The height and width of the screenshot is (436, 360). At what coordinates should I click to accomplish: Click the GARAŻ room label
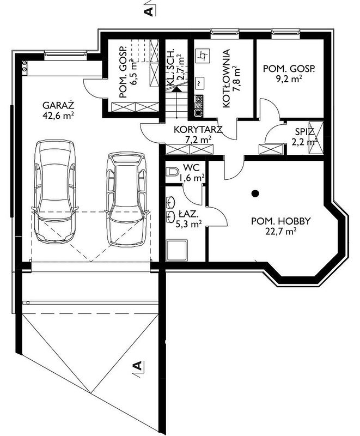(x=58, y=106)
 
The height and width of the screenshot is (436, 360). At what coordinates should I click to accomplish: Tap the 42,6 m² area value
(x=58, y=116)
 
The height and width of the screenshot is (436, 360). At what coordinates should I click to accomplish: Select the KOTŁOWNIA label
(x=227, y=78)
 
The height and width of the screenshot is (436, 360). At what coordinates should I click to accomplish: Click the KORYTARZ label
(x=198, y=130)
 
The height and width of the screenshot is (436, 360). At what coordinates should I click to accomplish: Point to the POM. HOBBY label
(x=281, y=221)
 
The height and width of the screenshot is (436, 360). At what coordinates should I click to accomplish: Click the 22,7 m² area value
(x=280, y=231)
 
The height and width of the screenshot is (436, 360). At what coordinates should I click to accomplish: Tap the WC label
(x=191, y=168)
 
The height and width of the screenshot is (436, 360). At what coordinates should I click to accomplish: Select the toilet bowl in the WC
(x=172, y=172)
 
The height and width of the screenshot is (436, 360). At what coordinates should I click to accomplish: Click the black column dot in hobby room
(x=255, y=193)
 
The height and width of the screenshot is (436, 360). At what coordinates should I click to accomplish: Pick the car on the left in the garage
(x=55, y=191)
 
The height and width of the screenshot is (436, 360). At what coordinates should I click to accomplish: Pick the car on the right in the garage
(x=127, y=199)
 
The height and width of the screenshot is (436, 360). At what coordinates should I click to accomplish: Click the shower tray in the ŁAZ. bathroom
(x=177, y=250)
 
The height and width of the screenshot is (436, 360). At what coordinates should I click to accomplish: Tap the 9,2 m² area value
(x=289, y=79)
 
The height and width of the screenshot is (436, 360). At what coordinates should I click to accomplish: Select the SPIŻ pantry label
(x=304, y=131)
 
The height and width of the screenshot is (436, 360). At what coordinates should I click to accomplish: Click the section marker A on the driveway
(x=137, y=366)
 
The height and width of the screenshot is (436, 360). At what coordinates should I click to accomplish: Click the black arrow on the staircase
(x=175, y=89)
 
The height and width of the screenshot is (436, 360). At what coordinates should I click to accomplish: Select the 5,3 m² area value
(x=188, y=224)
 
